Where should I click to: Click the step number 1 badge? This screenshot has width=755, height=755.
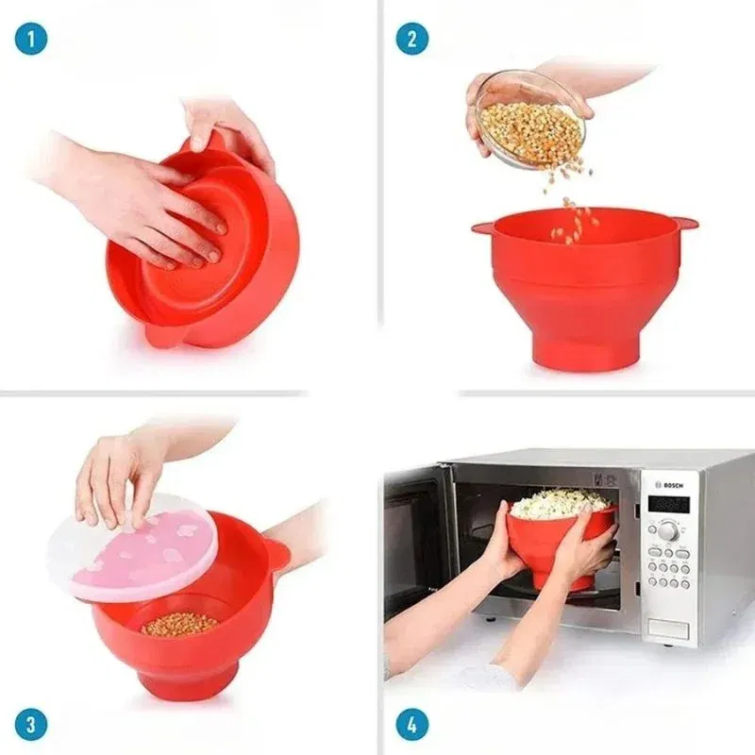(30, 39)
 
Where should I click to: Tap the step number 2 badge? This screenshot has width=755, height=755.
(411, 39)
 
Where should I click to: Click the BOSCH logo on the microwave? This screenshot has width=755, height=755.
(671, 485)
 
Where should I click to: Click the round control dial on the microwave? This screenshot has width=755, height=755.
(667, 530)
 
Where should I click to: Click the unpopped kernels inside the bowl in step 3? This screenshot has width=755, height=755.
(179, 624)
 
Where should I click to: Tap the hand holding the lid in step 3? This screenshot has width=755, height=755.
(123, 472)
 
